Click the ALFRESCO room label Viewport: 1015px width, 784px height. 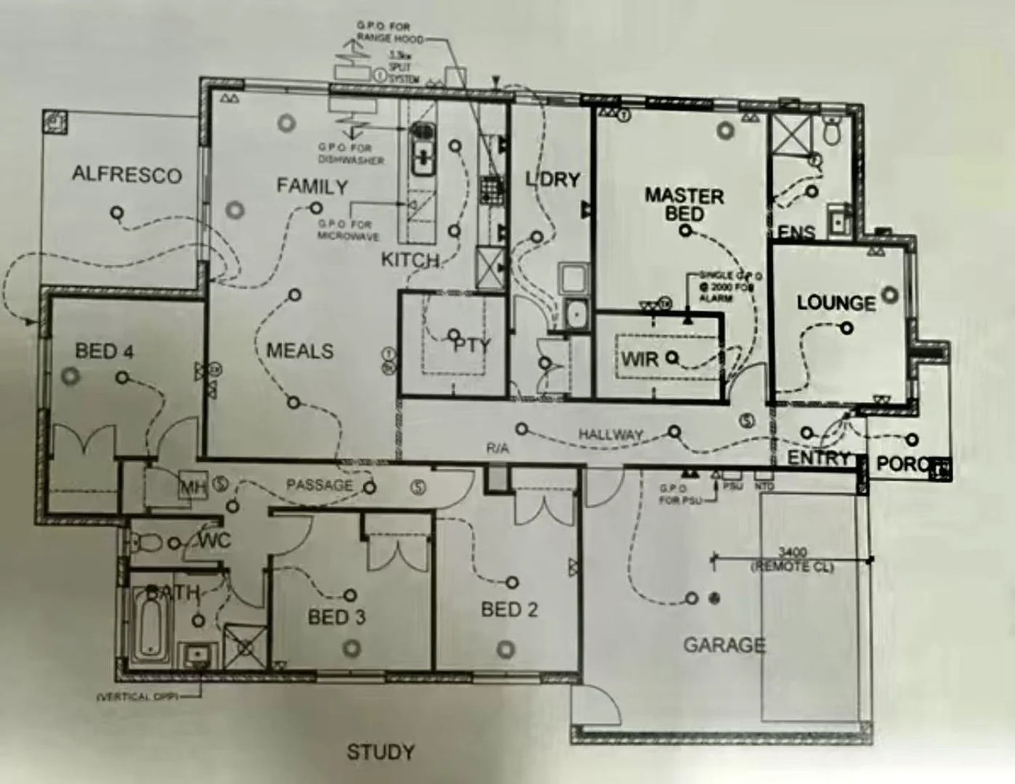(x=126, y=175)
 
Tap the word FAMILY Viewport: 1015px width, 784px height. (x=312, y=187)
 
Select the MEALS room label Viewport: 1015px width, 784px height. (x=300, y=351)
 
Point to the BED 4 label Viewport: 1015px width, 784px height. (x=105, y=352)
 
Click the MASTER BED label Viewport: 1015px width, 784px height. (x=684, y=205)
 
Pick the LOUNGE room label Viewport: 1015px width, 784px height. (x=836, y=303)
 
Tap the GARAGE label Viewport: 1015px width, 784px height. (x=724, y=645)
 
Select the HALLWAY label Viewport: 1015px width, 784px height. (x=611, y=435)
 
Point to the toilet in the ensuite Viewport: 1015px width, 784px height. (x=832, y=131)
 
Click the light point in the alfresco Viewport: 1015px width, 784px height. (x=115, y=213)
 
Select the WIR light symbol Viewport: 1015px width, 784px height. (x=672, y=357)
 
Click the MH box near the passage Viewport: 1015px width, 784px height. (x=193, y=486)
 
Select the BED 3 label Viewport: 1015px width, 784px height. (x=336, y=618)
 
